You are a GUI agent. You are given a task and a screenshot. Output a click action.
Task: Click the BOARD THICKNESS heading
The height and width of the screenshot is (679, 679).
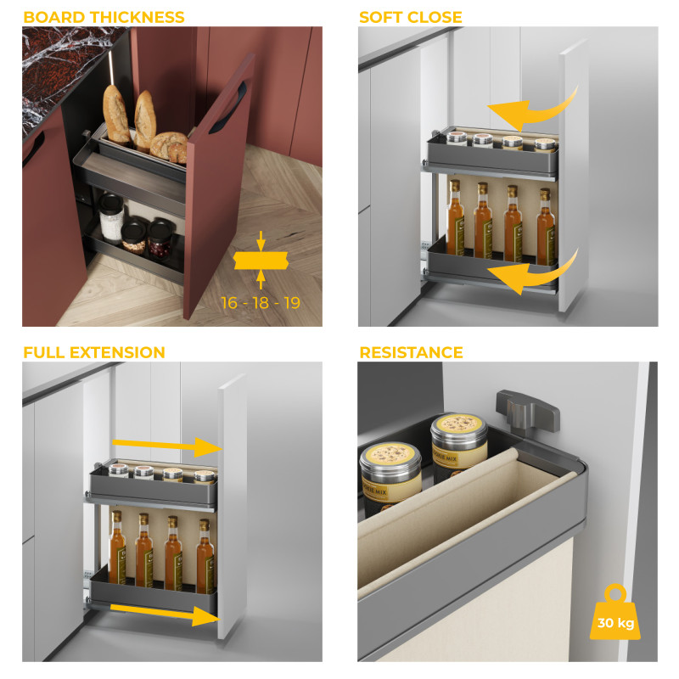point(104,17)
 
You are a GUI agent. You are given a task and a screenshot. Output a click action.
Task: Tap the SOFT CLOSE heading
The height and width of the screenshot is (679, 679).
point(411,17)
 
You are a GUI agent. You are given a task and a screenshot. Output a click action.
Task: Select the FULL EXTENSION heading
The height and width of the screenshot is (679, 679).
point(94,352)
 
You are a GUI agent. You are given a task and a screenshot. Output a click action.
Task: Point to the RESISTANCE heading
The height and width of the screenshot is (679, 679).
point(411,352)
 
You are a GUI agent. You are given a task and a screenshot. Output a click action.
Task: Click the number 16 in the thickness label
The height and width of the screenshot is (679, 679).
point(229,303)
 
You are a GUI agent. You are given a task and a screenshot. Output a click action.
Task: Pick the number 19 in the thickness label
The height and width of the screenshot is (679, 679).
point(291,303)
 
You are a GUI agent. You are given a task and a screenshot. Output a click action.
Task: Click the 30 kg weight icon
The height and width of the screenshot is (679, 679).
point(615,614)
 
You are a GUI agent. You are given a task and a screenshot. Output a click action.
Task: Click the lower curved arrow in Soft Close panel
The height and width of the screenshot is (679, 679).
point(527,272)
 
